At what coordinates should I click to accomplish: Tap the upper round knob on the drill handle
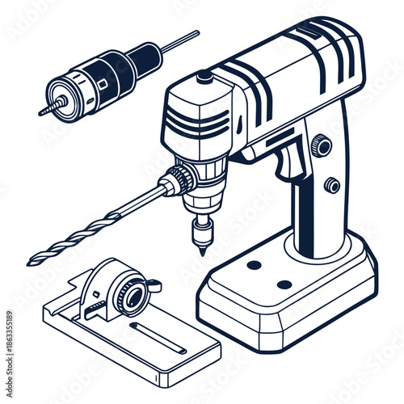321,145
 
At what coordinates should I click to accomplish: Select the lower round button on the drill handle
331,185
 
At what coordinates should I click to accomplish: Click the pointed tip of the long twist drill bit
31,263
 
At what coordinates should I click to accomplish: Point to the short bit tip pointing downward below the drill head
200,246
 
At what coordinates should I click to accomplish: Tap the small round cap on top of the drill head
204,77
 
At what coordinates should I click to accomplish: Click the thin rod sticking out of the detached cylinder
181,40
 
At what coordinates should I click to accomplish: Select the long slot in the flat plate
157,336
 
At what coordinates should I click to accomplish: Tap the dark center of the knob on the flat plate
129,296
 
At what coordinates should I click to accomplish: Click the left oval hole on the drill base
254,265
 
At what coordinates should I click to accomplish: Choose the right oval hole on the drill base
284,284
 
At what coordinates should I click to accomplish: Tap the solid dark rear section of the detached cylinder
144,57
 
